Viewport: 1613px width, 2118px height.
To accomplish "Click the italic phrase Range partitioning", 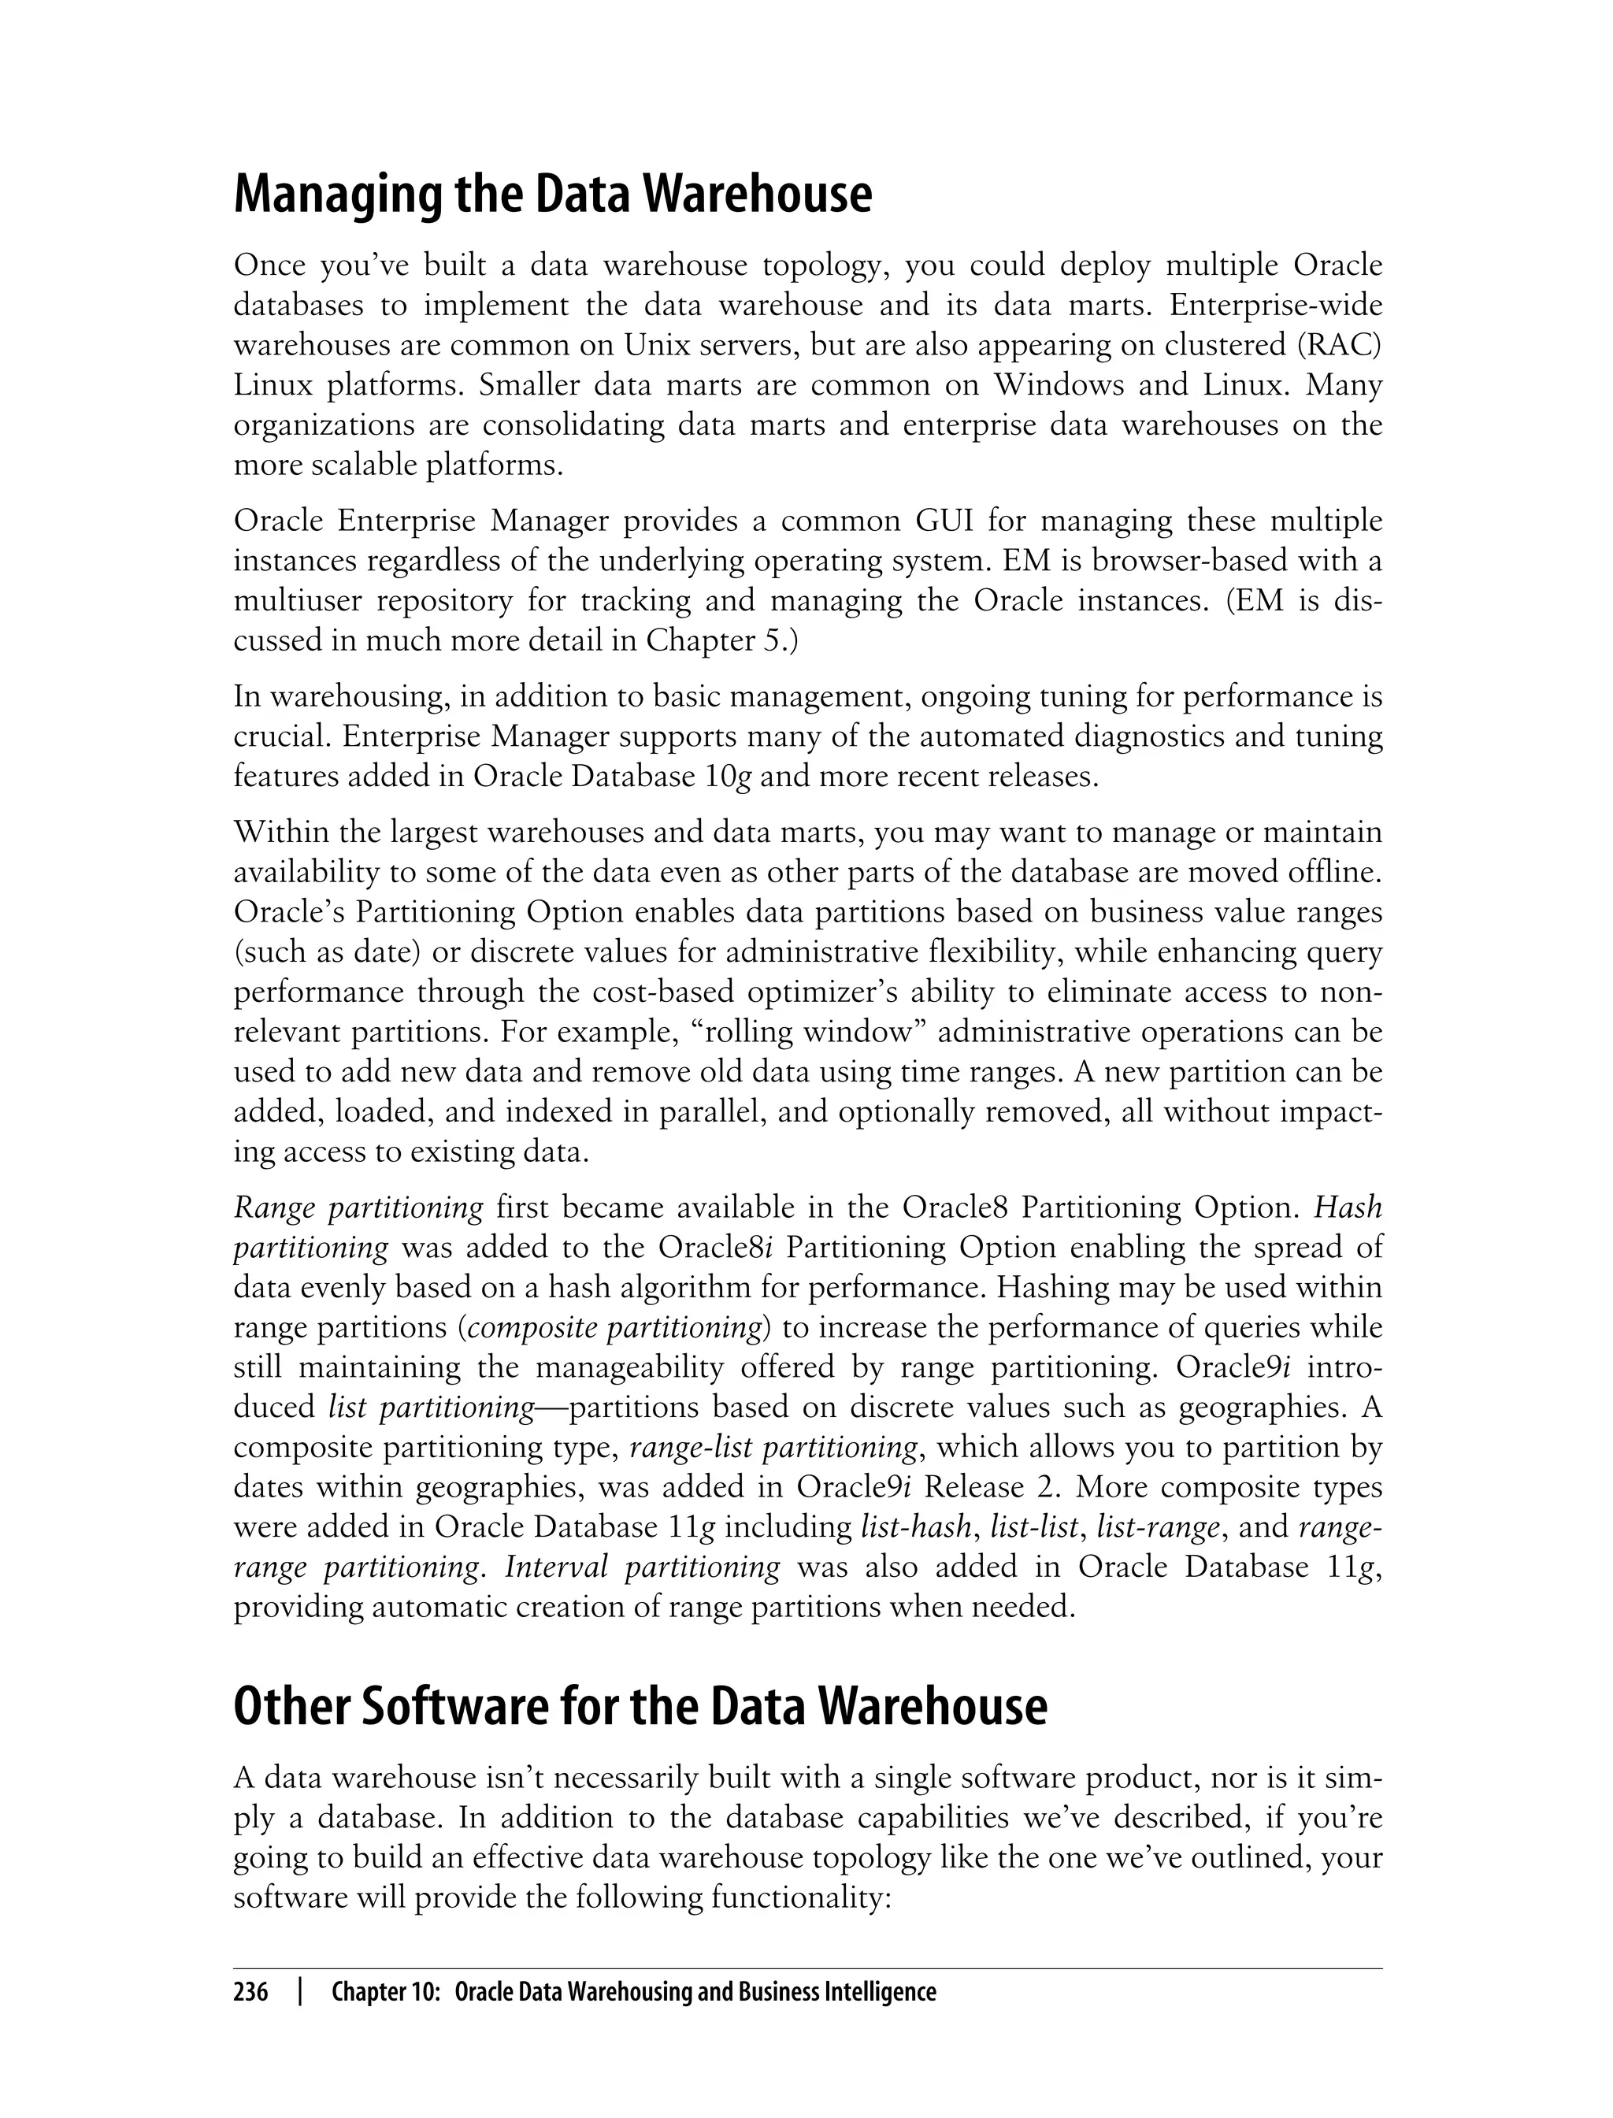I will tap(358, 1207).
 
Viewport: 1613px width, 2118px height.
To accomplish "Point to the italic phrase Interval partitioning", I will tap(643, 1567).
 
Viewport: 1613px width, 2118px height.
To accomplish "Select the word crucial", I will tap(282, 737).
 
